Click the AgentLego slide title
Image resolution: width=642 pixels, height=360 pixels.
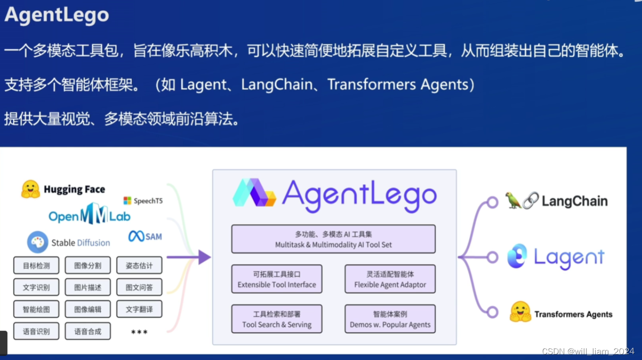pos(57,15)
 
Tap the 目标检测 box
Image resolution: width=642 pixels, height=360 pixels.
pos(36,265)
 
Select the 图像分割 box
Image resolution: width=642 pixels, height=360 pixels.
pos(88,265)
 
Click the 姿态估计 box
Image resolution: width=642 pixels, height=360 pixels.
pos(139,265)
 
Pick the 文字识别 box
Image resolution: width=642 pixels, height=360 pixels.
pos(36,287)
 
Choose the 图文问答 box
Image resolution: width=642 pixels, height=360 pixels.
pos(139,287)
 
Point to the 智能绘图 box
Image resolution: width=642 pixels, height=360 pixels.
pos(36,310)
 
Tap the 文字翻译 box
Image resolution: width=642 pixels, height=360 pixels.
pos(139,310)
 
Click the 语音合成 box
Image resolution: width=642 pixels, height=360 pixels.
pos(88,331)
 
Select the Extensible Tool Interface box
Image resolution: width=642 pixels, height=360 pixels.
pos(277,279)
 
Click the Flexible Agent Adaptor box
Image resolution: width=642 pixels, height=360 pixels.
pos(390,279)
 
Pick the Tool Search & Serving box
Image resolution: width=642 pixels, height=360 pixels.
pos(277,319)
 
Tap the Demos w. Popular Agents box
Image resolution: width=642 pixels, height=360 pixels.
pos(390,319)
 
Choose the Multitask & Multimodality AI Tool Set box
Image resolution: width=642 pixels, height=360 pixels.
pos(333,239)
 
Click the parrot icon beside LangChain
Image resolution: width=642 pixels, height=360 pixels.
pos(513,200)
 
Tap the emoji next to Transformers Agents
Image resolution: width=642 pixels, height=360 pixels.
pos(520,312)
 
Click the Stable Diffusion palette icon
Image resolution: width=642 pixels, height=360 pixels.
pos(38,242)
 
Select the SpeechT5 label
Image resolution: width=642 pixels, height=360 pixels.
pos(143,200)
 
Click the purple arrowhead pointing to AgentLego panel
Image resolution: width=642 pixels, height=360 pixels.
pos(204,257)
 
